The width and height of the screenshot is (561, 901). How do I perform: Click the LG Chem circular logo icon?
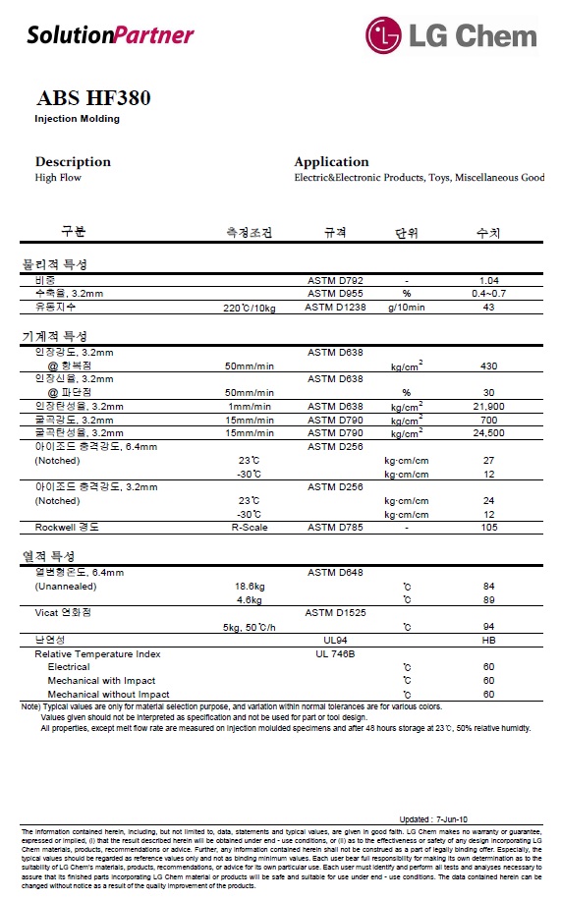point(384,34)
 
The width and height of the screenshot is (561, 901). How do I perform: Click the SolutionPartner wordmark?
point(110,35)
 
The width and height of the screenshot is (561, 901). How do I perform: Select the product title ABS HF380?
point(93,98)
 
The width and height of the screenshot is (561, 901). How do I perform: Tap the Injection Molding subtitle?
point(77,119)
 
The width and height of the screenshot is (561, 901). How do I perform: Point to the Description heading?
point(73,162)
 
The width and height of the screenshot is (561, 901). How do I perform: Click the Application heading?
point(331,162)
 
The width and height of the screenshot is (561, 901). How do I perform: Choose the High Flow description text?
point(58,178)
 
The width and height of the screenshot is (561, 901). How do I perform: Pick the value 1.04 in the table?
point(488,280)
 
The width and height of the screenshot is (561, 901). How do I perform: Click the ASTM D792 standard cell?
point(335,280)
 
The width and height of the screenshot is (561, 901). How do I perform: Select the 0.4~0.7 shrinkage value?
point(488,294)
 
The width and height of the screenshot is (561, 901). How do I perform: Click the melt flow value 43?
point(488,308)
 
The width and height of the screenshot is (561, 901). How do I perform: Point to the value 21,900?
point(488,406)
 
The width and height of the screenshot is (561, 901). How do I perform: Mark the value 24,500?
point(488,433)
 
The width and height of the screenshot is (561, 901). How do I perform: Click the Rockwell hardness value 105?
point(488,528)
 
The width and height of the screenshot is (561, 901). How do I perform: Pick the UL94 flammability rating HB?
point(488,640)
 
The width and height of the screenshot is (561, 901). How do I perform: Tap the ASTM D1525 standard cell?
point(335,612)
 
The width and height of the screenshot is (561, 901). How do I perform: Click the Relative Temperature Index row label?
point(97,653)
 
